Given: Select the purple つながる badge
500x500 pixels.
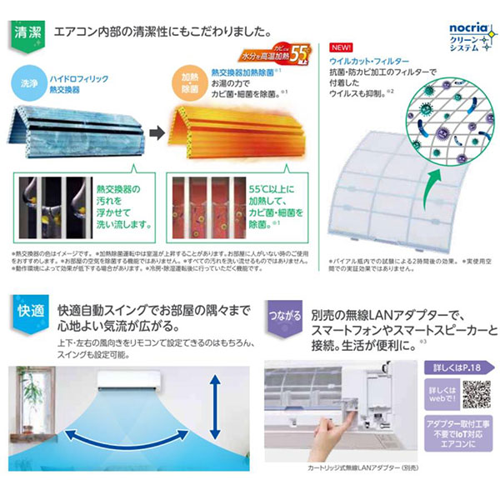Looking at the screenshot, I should (283, 317).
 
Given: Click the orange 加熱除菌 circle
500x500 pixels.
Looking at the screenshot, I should (187, 84).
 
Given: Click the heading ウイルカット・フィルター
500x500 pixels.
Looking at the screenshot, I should (370, 62).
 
